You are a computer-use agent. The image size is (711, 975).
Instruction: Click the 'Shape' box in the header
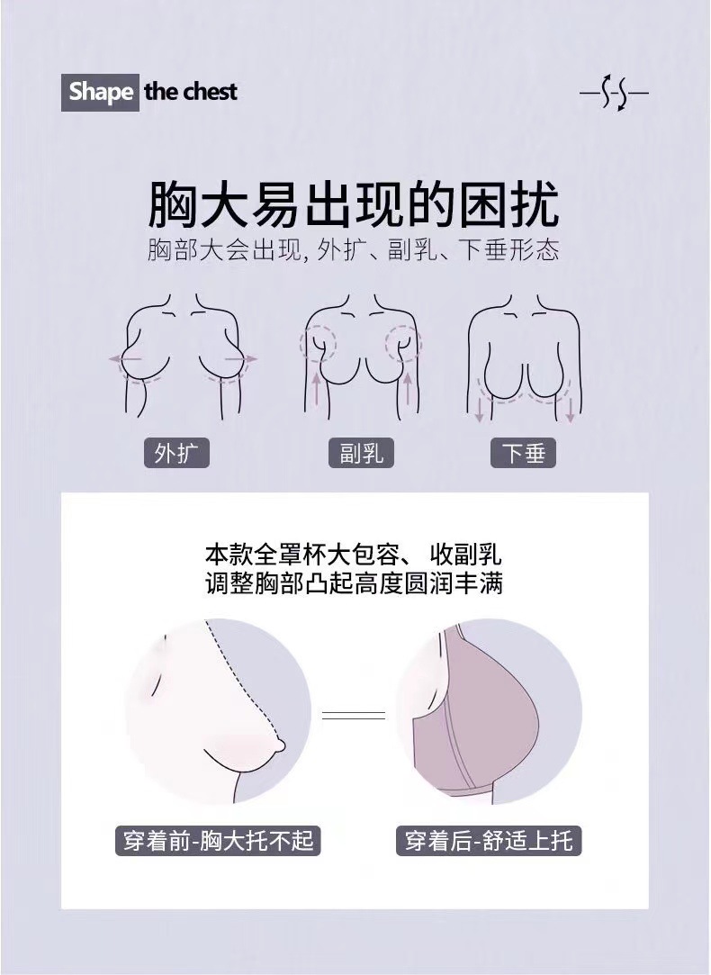[101, 92]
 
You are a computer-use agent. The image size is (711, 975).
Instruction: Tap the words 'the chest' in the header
[191, 92]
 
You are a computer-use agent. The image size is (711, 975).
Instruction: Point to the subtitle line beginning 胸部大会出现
[354, 249]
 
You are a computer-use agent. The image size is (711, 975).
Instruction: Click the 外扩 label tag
[176, 452]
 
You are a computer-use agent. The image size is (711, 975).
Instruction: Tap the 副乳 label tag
[361, 452]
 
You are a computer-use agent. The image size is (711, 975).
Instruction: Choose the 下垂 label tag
[523, 452]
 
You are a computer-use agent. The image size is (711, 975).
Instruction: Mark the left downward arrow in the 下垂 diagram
[480, 410]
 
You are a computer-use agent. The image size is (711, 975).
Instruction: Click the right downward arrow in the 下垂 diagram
[571, 410]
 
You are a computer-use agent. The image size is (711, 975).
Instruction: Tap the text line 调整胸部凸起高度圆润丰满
[354, 582]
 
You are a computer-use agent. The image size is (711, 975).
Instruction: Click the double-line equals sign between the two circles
[354, 715]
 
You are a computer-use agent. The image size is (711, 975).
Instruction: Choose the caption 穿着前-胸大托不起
[218, 841]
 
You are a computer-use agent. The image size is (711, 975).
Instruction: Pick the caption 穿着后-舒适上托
[489, 841]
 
